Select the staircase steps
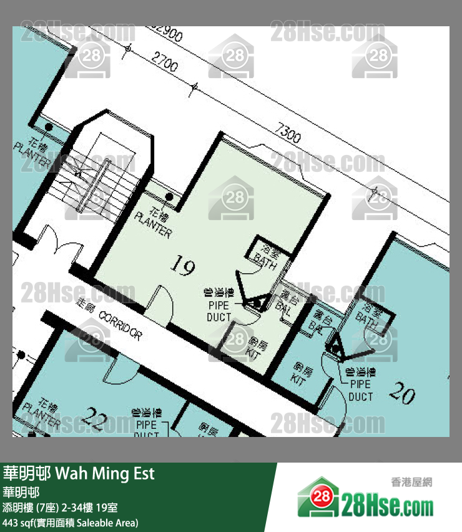pos(94,181)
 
